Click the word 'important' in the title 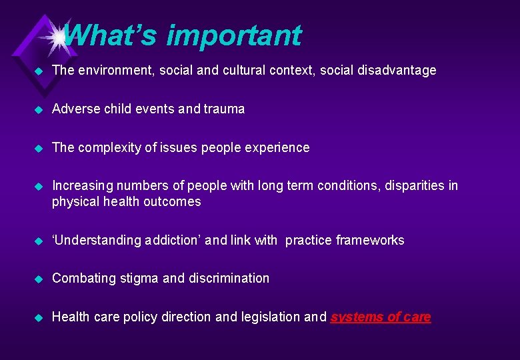pos(233,35)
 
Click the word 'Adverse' pos(75,109)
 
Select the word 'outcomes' pos(175,201)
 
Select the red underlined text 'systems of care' pos(381,317)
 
